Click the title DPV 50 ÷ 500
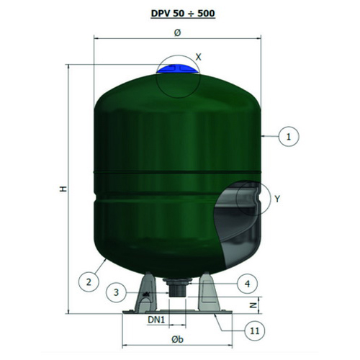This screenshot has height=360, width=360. point(183,13)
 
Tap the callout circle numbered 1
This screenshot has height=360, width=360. point(289,137)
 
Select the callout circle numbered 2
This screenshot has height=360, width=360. point(89,282)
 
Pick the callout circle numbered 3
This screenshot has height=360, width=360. point(116,292)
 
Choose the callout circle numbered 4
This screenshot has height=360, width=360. point(247,284)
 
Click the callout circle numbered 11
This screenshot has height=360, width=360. point(255,331)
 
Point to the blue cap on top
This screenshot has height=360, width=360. point(178,69)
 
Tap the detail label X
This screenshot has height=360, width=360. point(198,57)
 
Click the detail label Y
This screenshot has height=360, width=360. point(277,199)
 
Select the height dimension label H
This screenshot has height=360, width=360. point(63,189)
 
